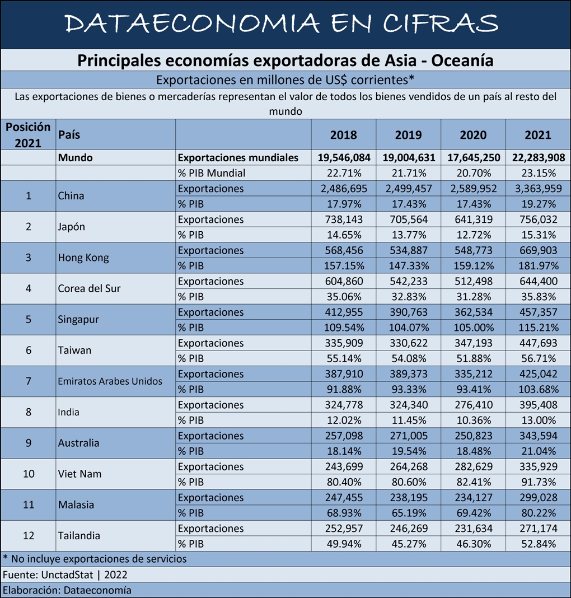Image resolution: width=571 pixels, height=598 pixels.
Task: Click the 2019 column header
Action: click(x=408, y=135)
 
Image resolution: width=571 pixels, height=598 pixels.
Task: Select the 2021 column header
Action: click(x=537, y=135)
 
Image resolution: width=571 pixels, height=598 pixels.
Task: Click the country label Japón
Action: click(x=71, y=227)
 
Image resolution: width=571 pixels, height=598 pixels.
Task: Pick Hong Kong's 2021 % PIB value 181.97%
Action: click(x=537, y=266)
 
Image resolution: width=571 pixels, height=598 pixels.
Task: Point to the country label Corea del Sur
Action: click(x=89, y=289)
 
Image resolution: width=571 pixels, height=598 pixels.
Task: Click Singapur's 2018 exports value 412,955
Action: click(x=343, y=312)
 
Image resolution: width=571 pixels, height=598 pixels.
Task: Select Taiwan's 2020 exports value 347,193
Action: click(x=473, y=343)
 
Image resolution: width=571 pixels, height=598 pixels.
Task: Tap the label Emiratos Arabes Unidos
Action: click(x=110, y=381)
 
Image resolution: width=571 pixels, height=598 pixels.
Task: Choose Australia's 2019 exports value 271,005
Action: click(x=408, y=436)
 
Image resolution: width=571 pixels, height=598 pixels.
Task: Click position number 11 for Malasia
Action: click(x=29, y=504)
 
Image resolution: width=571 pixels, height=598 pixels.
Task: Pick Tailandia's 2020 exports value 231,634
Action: click(x=473, y=529)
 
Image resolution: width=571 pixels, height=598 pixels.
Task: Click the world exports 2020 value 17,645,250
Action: click(x=473, y=158)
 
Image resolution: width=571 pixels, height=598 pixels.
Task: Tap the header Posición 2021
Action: click(x=28, y=135)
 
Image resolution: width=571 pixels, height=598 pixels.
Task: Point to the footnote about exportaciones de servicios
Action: click(x=95, y=559)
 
